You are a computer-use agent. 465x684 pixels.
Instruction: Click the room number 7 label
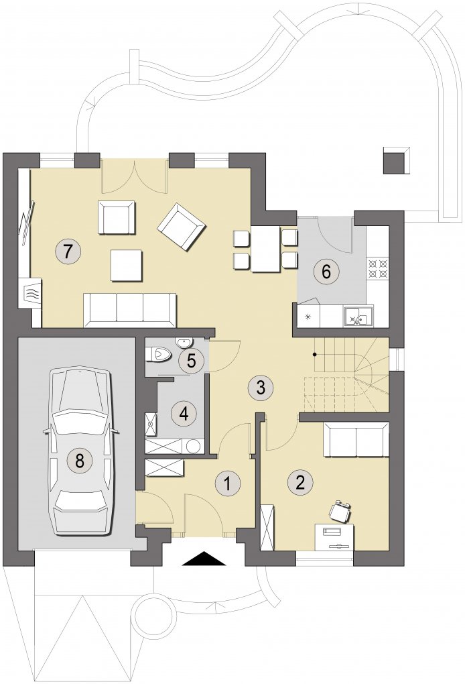coord(67,251)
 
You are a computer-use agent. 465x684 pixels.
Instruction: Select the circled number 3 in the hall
coord(260,387)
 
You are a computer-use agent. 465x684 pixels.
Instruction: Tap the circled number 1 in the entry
coord(227,483)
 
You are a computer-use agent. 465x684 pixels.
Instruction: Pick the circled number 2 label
coord(300,482)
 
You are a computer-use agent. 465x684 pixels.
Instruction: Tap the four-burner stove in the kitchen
coord(378,269)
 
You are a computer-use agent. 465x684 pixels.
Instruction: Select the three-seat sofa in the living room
coord(130,310)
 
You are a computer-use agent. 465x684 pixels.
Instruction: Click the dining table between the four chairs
coord(265,249)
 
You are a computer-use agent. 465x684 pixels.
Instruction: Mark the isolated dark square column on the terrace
coord(397,160)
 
